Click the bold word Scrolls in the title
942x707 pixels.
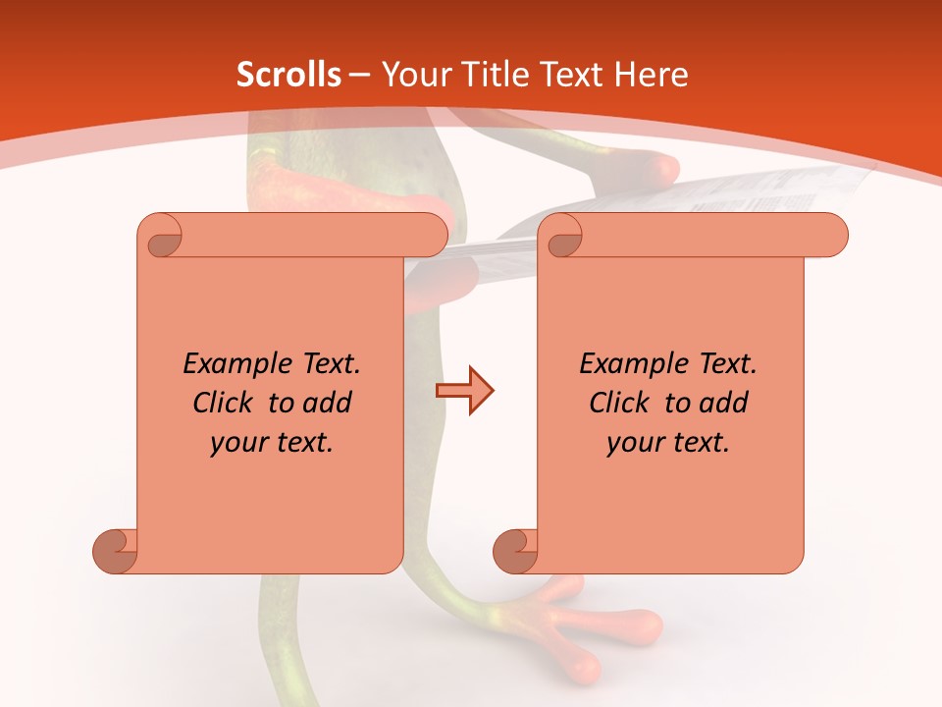[x=288, y=75]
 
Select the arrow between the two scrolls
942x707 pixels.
[x=464, y=391]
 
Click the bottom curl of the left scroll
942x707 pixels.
[x=116, y=551]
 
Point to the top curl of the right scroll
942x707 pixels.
[x=562, y=237]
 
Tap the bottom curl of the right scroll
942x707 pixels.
[x=516, y=551]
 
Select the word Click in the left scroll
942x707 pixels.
[x=224, y=403]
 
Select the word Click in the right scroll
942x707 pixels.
[x=620, y=403]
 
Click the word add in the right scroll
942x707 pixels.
[x=725, y=403]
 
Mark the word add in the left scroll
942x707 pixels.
[x=329, y=403]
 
